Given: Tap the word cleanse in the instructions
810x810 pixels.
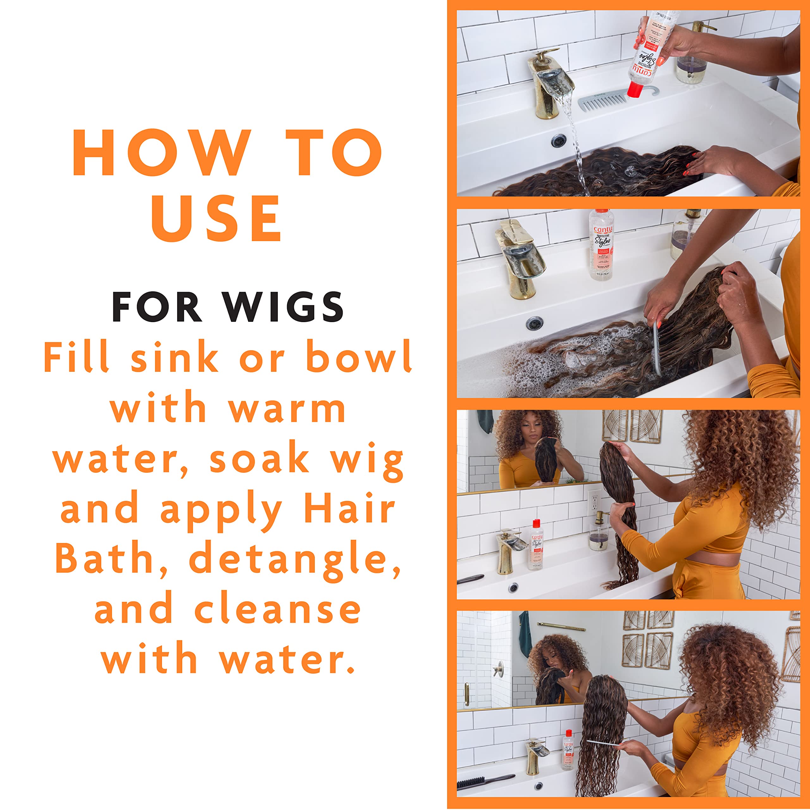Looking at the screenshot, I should pos(277,609).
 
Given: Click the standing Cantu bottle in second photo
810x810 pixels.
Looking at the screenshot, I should pos(601,245).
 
